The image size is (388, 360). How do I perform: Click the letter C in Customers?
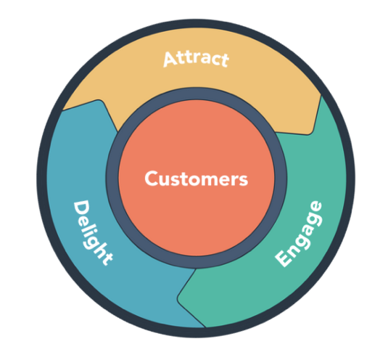coord(151,179)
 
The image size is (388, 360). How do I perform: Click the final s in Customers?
coord(243,179)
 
